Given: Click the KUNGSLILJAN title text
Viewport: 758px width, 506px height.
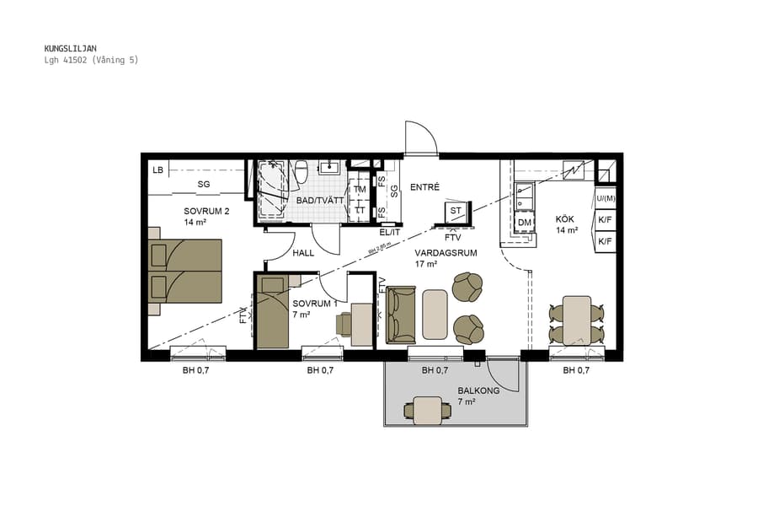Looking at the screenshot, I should coord(71,49).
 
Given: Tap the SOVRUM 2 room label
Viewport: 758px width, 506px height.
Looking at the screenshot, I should coord(206,211).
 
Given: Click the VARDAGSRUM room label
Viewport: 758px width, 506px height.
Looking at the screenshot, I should coord(446,252).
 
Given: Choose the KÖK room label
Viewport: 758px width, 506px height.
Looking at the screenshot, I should coord(565,219).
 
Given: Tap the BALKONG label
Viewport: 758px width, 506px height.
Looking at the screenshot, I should coord(478,390).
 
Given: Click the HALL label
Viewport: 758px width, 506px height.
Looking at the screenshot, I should coord(304,253).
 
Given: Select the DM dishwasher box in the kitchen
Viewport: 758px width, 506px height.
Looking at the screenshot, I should coord(524,223).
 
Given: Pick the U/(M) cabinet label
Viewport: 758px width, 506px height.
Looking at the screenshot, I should coord(606,199).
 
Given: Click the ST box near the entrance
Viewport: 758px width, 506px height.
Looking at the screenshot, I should coord(456,210).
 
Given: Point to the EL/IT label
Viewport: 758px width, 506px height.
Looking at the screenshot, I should coord(389,232).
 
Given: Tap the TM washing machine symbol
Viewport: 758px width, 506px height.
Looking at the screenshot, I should coord(360,190).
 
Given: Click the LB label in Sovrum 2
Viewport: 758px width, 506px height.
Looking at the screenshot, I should coord(157,170).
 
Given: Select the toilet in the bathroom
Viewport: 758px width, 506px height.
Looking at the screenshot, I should coord(301,170).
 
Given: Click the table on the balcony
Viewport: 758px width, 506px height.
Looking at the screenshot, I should coord(428,410).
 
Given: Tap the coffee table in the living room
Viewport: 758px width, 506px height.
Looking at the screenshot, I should coord(435,314).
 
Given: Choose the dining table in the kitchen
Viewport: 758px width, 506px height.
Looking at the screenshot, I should coord(577,320).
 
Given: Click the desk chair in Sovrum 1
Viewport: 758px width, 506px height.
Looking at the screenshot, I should coord(345,324).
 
